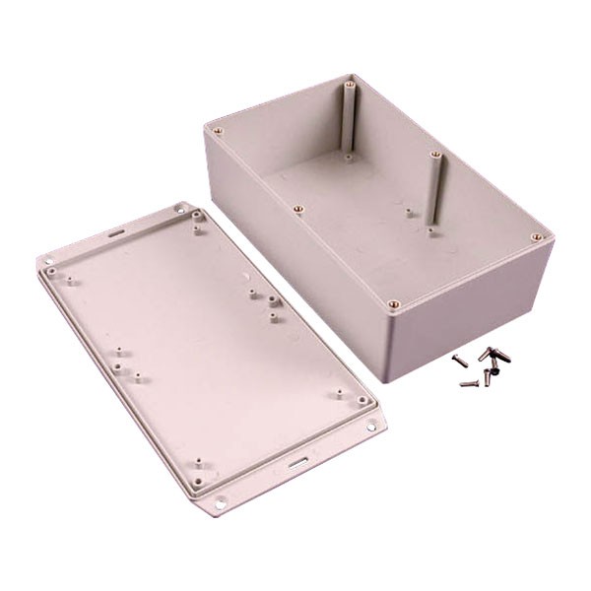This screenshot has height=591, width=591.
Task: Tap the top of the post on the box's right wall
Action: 433,156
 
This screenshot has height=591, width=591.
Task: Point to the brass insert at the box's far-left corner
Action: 224,128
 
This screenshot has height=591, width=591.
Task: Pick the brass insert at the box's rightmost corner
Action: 536,237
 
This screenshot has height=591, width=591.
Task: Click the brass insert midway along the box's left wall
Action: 297,208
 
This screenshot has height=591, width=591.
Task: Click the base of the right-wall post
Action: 430,230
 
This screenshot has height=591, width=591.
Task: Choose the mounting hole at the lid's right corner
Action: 371,429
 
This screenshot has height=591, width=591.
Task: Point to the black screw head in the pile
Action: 492,372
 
